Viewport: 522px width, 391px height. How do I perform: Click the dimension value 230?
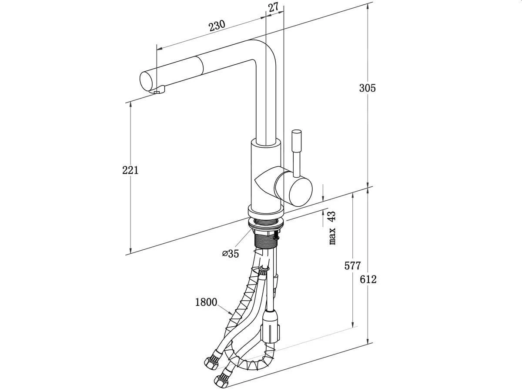click(x=217, y=26)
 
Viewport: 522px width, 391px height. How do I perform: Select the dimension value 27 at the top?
click(x=273, y=7)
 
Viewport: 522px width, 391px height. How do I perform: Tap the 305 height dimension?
click(x=367, y=88)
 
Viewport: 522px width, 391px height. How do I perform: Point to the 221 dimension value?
click(x=130, y=170)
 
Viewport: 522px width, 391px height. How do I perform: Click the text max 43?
click(x=332, y=228)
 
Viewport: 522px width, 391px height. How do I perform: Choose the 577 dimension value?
click(x=353, y=265)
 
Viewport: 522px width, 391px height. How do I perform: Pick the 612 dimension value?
click(x=368, y=279)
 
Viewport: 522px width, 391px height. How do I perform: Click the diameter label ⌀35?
click(x=231, y=254)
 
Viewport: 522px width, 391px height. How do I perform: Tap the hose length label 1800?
click(x=206, y=302)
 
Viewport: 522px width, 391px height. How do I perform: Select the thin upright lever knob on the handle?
click(x=297, y=152)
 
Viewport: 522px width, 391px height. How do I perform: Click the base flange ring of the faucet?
click(x=266, y=211)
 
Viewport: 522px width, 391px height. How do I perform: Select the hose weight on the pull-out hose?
click(x=271, y=328)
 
